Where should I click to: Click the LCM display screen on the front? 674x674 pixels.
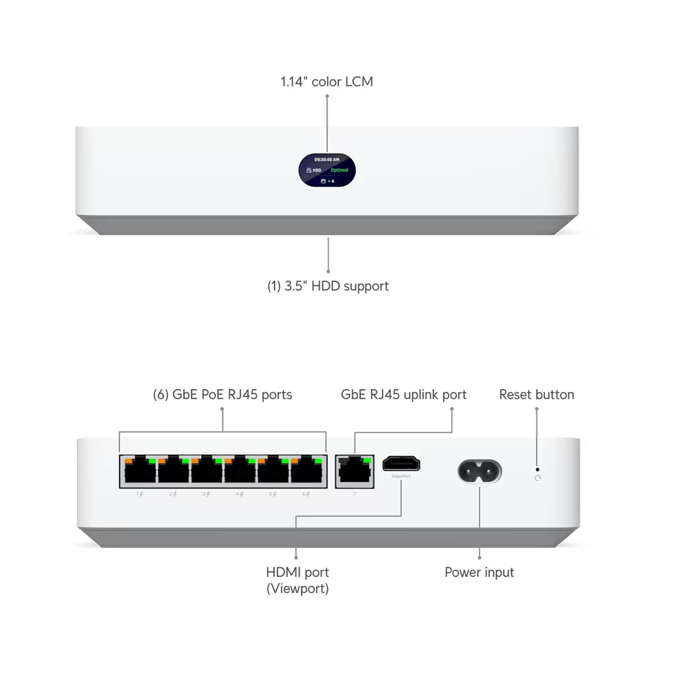(327, 170)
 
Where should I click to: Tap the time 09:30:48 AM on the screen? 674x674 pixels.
(327, 160)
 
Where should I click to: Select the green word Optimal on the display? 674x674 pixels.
(339, 170)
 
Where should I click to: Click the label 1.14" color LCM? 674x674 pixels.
(327, 82)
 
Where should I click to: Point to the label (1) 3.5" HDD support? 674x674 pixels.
(328, 286)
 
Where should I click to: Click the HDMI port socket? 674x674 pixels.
(401, 464)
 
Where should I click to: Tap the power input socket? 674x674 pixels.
(480, 471)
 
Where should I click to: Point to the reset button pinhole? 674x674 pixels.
(538, 469)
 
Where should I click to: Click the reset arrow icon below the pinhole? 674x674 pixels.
(538, 478)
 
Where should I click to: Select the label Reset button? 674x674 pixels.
(536, 395)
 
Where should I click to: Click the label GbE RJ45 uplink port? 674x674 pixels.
(403, 395)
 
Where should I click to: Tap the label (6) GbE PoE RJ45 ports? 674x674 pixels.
(222, 395)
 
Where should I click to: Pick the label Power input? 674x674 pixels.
(479, 572)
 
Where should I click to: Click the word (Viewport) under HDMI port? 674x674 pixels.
(298, 589)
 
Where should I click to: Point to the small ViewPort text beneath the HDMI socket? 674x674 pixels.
(401, 476)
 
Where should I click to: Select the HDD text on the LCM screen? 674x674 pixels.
(317, 170)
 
